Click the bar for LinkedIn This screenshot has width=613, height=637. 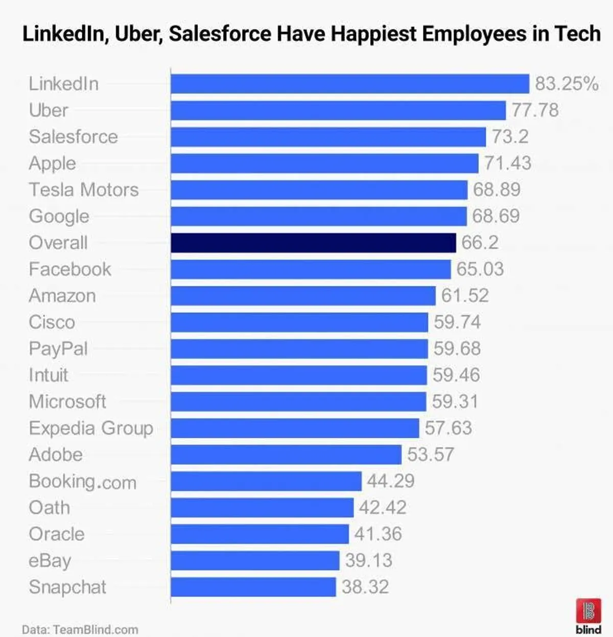[x=350, y=84]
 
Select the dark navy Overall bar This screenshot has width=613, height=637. [x=313, y=243]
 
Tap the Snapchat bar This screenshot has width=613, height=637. [x=253, y=587]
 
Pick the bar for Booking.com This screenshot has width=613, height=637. [x=266, y=481]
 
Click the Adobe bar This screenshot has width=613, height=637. [x=286, y=455]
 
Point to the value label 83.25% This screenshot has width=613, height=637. [x=567, y=84]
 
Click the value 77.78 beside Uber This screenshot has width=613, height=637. [x=535, y=110]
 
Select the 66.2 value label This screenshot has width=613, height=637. [x=480, y=243]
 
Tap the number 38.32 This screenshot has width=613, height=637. [x=365, y=587]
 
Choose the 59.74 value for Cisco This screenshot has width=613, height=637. [x=457, y=322]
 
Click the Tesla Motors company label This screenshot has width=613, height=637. [x=84, y=190]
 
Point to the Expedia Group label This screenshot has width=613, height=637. [x=91, y=429]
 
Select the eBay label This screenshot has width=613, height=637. [x=50, y=561]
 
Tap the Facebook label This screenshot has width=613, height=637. [x=70, y=269]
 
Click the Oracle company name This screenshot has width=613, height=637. [x=57, y=534]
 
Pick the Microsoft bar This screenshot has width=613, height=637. [x=298, y=402]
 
